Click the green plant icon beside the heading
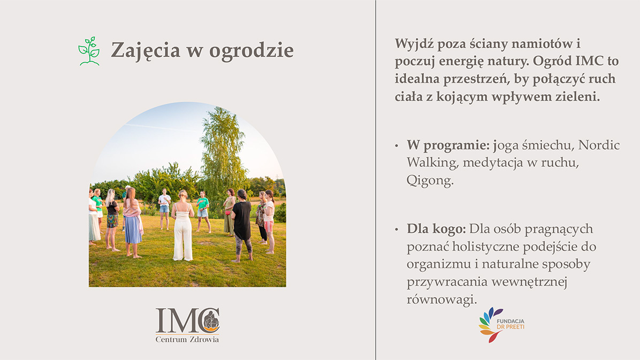[89, 51]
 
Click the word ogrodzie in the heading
[252, 51]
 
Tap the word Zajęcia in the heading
[146, 51]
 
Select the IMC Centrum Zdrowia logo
[187, 325]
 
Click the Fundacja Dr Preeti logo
[501, 325]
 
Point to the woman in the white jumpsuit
[182, 226]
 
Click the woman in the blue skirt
[132, 223]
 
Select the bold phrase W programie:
[448, 145]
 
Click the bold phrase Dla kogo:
[436, 229]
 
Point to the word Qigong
[430, 180]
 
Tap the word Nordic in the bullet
[599, 145]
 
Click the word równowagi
[441, 300]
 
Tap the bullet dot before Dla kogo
[397, 229]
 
